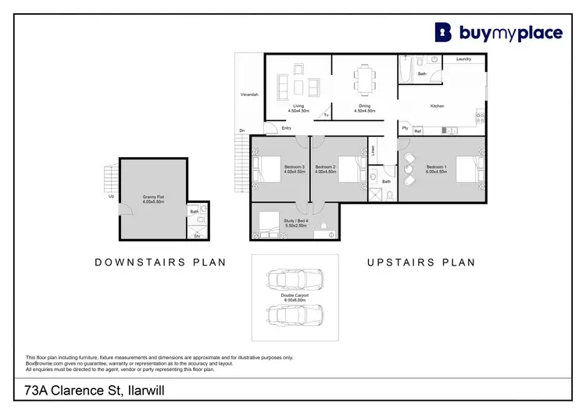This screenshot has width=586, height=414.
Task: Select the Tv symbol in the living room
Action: point(326,116)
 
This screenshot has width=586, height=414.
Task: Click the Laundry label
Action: point(463,59)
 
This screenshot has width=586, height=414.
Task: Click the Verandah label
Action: point(249,95)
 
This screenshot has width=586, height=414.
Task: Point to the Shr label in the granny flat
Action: point(197,234)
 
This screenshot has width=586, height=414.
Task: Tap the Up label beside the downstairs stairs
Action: point(112,196)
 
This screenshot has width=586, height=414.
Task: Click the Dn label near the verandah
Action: point(242,130)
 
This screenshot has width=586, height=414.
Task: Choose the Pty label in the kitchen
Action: point(405,127)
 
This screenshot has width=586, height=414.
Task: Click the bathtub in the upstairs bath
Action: point(406,71)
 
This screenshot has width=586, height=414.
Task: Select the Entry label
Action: point(287,128)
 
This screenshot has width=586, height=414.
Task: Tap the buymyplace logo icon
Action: point(444,31)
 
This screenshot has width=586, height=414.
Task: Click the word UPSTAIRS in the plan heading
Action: point(395,262)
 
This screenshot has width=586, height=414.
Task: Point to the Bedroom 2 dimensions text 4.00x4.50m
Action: point(325,171)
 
